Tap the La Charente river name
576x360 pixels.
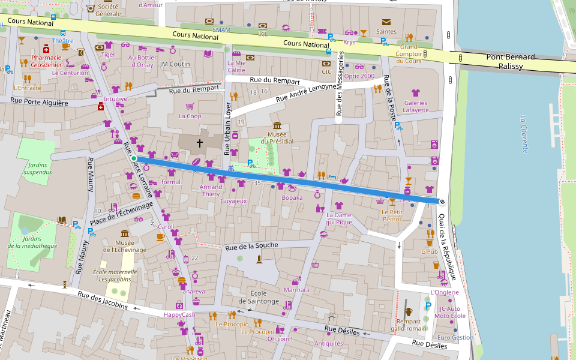tap(524, 134)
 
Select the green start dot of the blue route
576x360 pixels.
tap(134, 158)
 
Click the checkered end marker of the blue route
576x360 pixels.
tap(442, 202)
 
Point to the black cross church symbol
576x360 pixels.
tap(199, 143)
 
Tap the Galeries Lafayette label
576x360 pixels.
tap(415, 106)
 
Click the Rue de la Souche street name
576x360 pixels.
tap(251, 245)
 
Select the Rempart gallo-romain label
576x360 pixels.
tap(409, 325)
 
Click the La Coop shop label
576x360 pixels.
tap(190, 116)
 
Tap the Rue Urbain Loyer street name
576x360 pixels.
tap(227, 128)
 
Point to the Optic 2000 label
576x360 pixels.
tap(359, 76)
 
